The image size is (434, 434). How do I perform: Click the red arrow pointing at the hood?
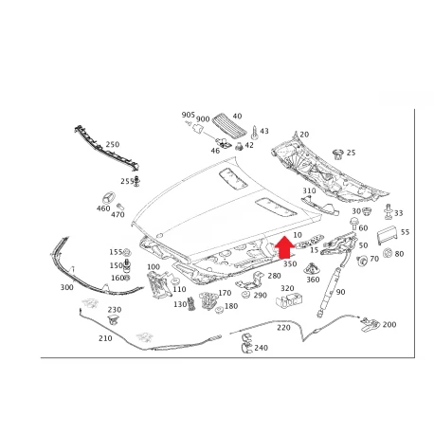pyautogui.click(x=284, y=247)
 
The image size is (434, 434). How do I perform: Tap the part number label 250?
pyautogui.click(x=113, y=144)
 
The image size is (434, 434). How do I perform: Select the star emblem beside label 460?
pyautogui.click(x=108, y=198)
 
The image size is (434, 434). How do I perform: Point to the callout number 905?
pyautogui.click(x=189, y=115)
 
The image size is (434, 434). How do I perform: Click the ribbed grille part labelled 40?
pyautogui.click(x=229, y=125)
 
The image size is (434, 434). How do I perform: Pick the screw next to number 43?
pyautogui.click(x=254, y=133)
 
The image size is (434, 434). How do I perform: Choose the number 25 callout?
pyautogui.click(x=351, y=153)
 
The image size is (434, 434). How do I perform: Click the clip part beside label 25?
pyautogui.click(x=338, y=154)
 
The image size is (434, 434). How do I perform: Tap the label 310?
pyautogui.click(x=309, y=190)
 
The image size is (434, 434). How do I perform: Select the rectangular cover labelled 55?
pyautogui.click(x=388, y=235)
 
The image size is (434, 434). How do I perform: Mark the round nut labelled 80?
pyautogui.click(x=388, y=253)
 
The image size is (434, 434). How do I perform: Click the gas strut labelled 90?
pyautogui.click(x=329, y=292)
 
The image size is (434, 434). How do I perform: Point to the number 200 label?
pyautogui.click(x=389, y=324)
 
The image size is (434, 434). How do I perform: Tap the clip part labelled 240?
pyautogui.click(x=246, y=343)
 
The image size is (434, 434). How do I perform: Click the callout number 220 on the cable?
pyautogui.click(x=283, y=328)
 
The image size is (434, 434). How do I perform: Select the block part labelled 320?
pyautogui.click(x=289, y=299)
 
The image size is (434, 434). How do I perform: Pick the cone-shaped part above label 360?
pyautogui.click(x=312, y=268)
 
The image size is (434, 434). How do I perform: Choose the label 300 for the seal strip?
pyautogui.click(x=67, y=287)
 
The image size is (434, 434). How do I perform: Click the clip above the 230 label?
pyautogui.click(x=114, y=319)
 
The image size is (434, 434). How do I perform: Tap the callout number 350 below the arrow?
pyautogui.click(x=290, y=263)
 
